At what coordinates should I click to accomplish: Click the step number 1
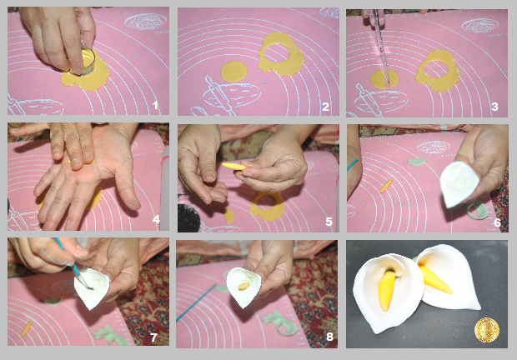[x=156, y=105]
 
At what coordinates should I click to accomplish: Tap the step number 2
[x=325, y=107]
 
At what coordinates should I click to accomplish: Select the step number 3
[x=494, y=107]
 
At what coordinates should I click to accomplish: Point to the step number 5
[x=329, y=222]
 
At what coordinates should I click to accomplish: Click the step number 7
[x=153, y=337]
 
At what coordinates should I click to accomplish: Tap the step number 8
[x=329, y=337]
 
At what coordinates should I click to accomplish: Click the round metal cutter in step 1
[x=83, y=62]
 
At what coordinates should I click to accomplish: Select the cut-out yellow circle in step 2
[x=234, y=72]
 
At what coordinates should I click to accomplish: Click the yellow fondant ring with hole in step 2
[x=281, y=54]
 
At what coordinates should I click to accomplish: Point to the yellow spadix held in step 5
[x=233, y=167]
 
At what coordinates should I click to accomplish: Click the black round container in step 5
[x=189, y=217]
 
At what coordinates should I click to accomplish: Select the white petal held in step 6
[x=459, y=183]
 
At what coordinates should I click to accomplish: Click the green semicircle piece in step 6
[x=416, y=162]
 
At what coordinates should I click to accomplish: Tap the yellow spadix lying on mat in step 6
[x=386, y=186]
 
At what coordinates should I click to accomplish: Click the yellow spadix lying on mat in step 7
[x=27, y=328]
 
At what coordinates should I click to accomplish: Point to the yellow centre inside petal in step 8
[x=244, y=286]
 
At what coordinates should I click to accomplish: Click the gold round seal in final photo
[x=487, y=330]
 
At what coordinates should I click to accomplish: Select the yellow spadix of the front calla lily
[x=387, y=290]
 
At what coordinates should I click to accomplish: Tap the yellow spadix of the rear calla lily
[x=435, y=280]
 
